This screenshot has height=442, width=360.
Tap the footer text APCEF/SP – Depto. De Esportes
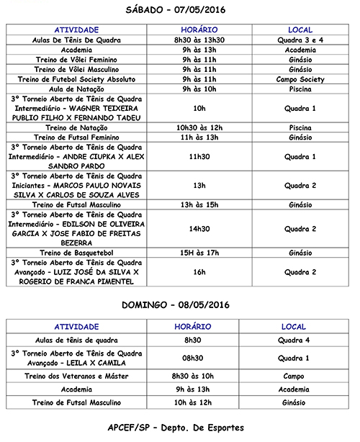pos(180,428)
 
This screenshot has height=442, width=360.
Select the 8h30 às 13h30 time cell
pos(199,40)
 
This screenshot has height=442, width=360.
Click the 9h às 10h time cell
pos(199,89)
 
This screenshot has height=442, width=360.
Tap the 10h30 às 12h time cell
pos(199,127)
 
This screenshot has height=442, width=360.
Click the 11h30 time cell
pos(199,155)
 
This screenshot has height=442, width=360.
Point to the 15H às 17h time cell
pos(199,253)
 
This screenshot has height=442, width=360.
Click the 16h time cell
pos(199,273)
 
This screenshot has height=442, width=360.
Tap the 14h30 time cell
pos(199,229)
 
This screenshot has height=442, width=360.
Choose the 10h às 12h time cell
pos(199,402)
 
